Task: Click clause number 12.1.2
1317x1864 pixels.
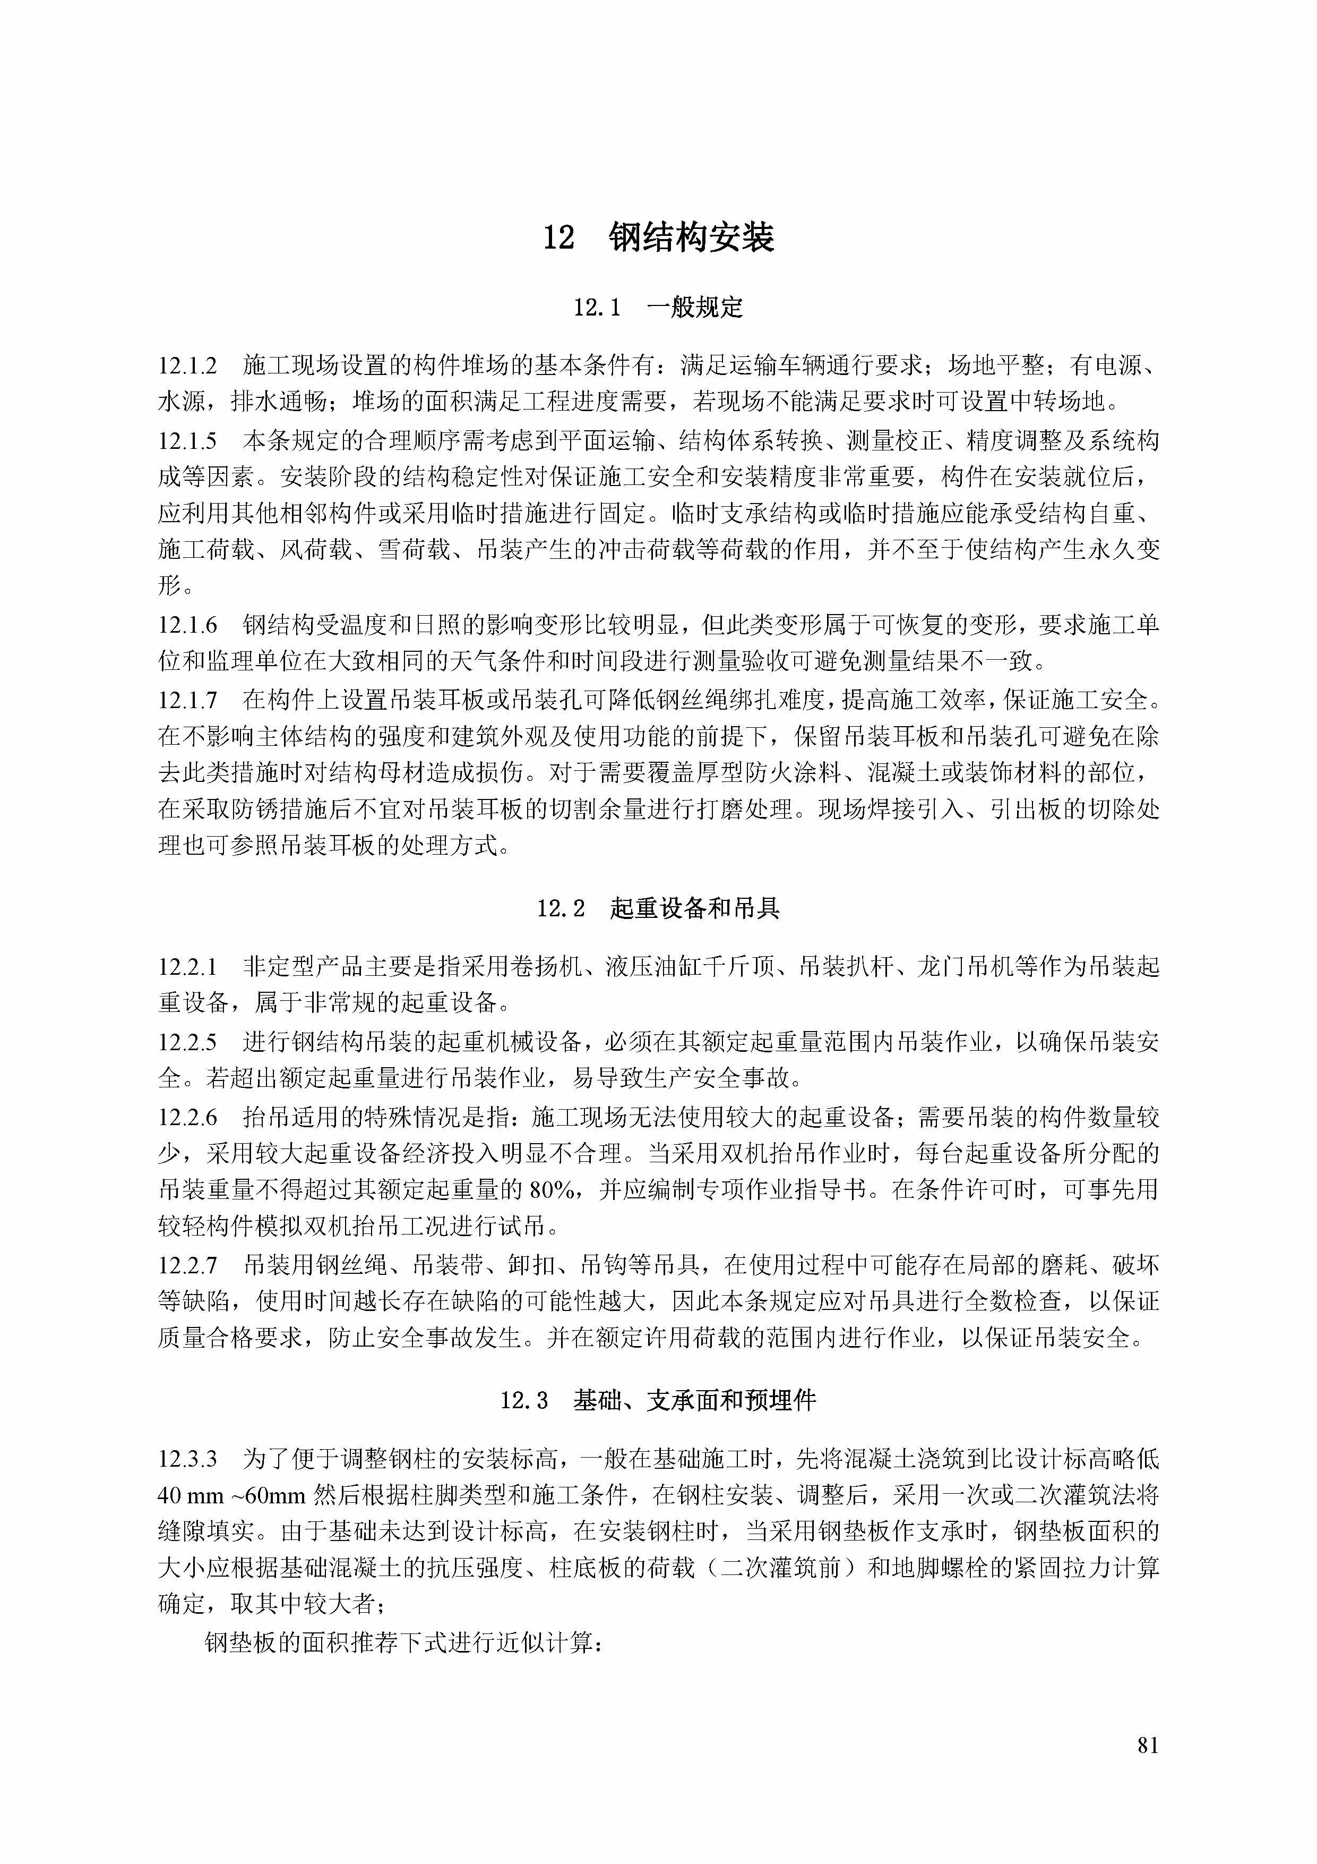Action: click(187, 366)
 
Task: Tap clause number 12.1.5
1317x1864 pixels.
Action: click(187, 441)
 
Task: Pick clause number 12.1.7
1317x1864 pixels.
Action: click(187, 699)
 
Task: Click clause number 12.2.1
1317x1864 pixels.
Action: click(187, 967)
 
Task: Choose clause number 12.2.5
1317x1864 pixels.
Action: click(187, 1042)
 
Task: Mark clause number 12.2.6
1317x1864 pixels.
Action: click(187, 1117)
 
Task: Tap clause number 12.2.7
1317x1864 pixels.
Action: click(187, 1265)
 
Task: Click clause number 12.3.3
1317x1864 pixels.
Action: click(187, 1459)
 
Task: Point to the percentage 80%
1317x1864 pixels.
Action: click(552, 1191)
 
